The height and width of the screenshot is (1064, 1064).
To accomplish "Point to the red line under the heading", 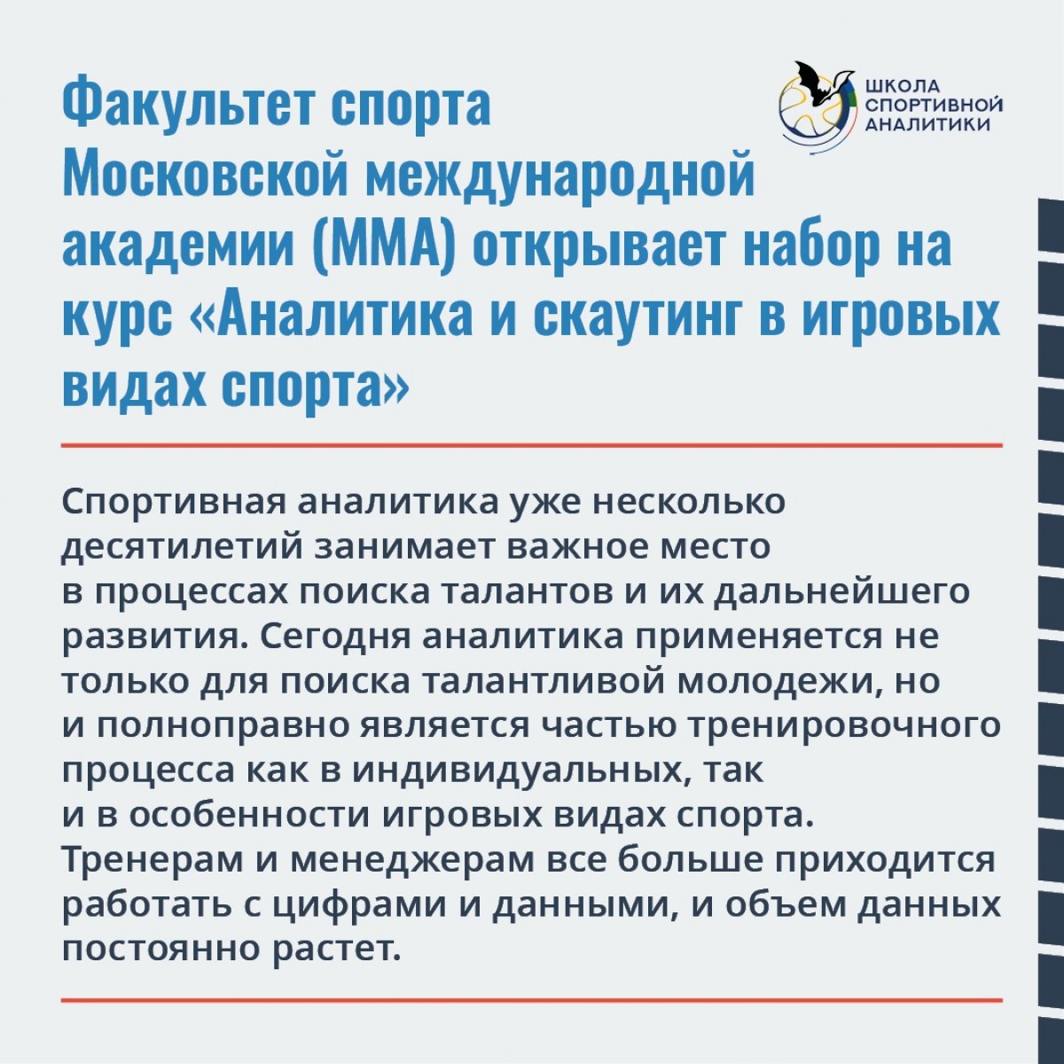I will click(532, 445).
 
